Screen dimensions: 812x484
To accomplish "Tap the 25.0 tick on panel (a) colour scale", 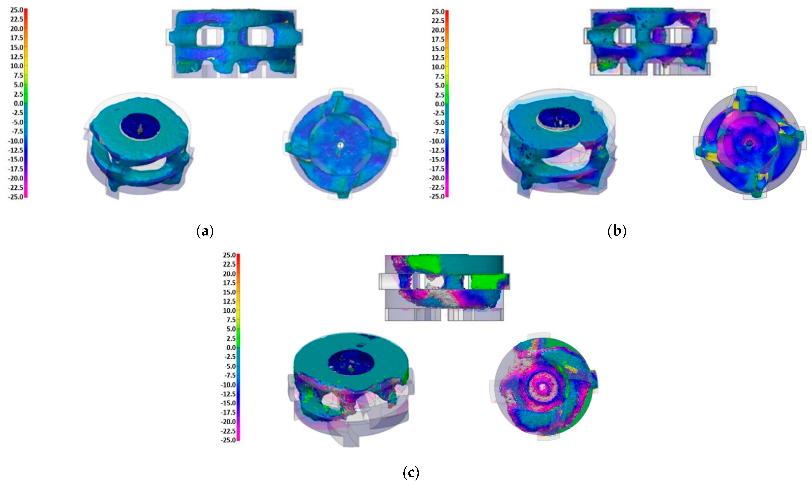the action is (x=17, y=10).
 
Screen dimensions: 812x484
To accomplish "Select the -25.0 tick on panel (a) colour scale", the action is (x=16, y=197).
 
